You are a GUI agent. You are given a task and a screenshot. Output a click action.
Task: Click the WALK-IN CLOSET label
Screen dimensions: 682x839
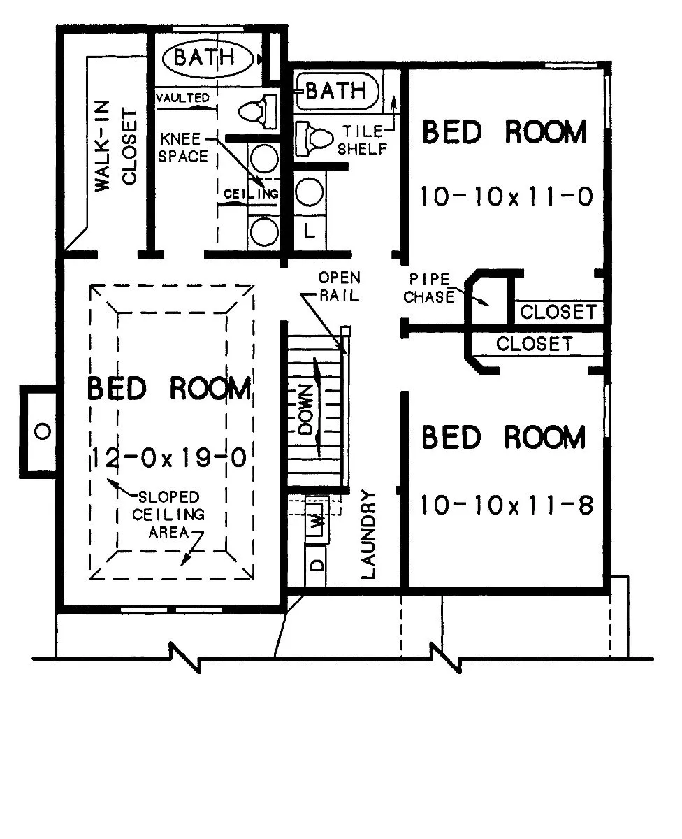[116, 146]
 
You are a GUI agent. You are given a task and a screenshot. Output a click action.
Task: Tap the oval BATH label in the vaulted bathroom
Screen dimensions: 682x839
[208, 57]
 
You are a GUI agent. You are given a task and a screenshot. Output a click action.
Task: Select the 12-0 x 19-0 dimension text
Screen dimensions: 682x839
[169, 458]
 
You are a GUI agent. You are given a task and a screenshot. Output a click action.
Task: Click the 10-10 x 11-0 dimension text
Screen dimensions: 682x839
[507, 196]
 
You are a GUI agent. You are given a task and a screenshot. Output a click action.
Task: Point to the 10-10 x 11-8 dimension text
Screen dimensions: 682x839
[507, 505]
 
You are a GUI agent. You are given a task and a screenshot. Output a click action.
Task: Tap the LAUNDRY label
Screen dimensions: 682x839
[368, 535]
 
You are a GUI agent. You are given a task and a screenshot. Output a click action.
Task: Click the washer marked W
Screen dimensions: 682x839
[317, 521]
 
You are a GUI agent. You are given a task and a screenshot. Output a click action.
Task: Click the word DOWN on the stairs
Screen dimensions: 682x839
[306, 409]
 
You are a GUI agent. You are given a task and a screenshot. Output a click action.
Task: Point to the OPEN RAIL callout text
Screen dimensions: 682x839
[339, 287]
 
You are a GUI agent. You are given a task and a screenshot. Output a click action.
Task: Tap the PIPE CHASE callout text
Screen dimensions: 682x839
[429, 288]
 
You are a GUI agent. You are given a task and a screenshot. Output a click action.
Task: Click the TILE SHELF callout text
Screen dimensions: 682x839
[363, 141]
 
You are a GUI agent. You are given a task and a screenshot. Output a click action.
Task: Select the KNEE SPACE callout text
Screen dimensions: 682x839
[183, 148]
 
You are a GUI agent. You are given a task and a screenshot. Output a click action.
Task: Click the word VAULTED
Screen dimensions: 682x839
[183, 97]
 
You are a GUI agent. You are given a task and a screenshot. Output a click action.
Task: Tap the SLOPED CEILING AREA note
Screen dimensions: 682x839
[168, 515]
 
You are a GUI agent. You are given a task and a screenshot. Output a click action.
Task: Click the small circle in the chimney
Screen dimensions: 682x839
[43, 431]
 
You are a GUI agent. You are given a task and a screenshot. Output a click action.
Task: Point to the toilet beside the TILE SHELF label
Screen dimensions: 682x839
[314, 138]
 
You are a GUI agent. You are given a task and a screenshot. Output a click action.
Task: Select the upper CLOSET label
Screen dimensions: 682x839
[558, 312]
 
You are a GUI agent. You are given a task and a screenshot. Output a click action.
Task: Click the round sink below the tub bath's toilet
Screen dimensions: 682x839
[309, 192]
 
